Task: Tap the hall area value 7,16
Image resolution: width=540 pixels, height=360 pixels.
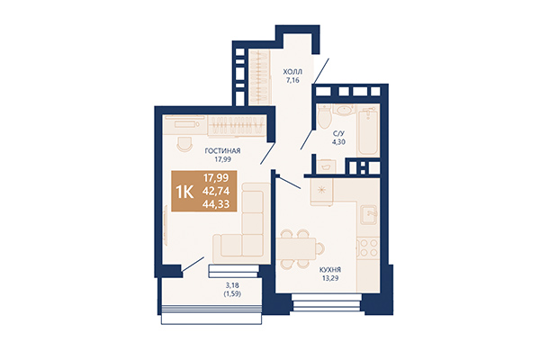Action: (x=292, y=80)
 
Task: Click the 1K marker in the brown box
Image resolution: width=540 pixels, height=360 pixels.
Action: (x=184, y=191)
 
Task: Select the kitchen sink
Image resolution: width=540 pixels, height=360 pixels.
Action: (x=368, y=214)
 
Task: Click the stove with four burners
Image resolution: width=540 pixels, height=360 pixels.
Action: (x=367, y=245)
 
